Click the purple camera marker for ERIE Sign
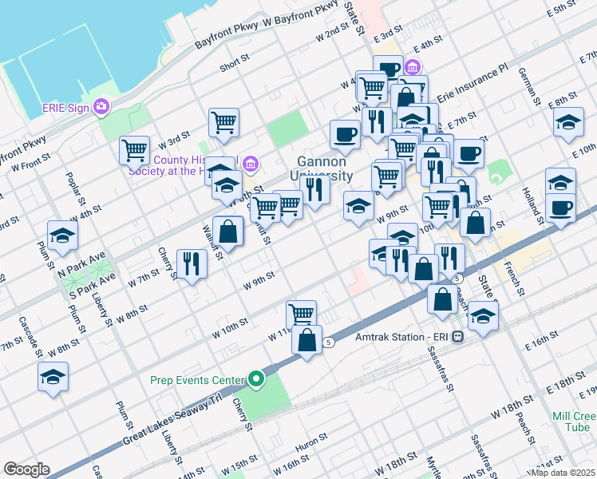pos(101,106)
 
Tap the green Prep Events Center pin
pos(256,379)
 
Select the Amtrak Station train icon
pos(457,337)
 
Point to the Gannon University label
pos(322,168)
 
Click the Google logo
pos(26,469)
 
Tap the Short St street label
pos(235,62)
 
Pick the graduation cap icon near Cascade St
pos(53,376)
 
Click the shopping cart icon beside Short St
pos(224,123)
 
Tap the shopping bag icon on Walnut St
pos(228,232)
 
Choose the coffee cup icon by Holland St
pos(560,209)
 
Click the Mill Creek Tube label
pos(574,422)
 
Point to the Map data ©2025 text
pos(563,472)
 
